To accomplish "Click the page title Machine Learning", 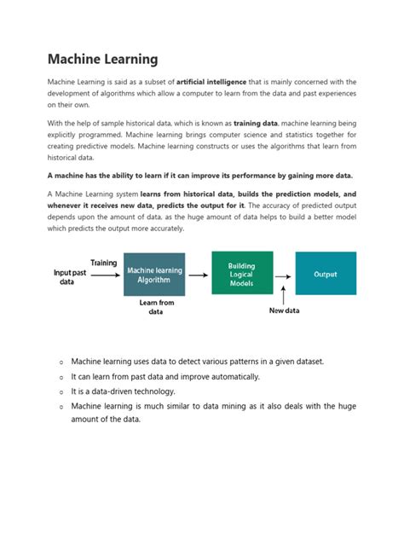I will (x=102, y=59).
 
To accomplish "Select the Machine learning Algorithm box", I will (x=153, y=275).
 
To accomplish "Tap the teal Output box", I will (x=326, y=274).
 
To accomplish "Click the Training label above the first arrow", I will (x=104, y=263).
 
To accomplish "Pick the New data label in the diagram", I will (x=285, y=310).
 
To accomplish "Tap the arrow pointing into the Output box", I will (x=283, y=275).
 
